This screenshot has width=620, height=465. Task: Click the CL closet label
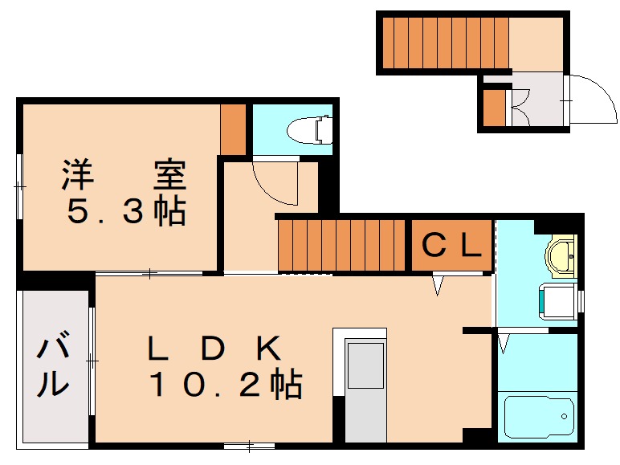tap(451, 246)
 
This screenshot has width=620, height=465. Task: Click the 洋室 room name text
tap(124, 175)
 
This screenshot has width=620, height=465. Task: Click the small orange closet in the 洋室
tap(233, 129)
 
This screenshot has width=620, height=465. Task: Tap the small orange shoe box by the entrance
tap(494, 106)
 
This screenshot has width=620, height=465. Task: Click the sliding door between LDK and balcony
tap(92, 361)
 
